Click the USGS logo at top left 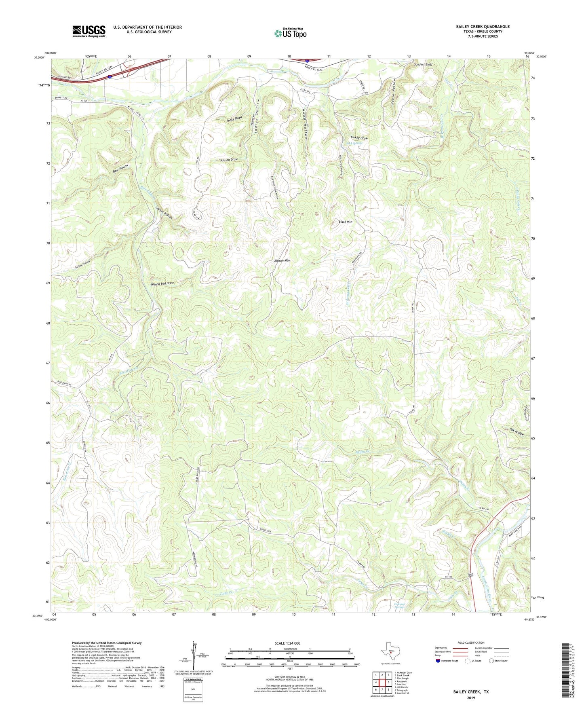(x=89, y=31)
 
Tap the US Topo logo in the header (x=290, y=33)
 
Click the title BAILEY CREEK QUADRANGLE (x=483, y=27)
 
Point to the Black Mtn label (x=345, y=222)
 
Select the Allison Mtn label (x=282, y=261)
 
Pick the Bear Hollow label (x=120, y=169)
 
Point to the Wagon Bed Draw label (x=162, y=283)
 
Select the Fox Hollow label (x=517, y=432)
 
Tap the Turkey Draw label (x=359, y=138)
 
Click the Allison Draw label (x=229, y=160)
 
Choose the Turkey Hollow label (x=82, y=265)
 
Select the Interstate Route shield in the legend (x=439, y=661)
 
